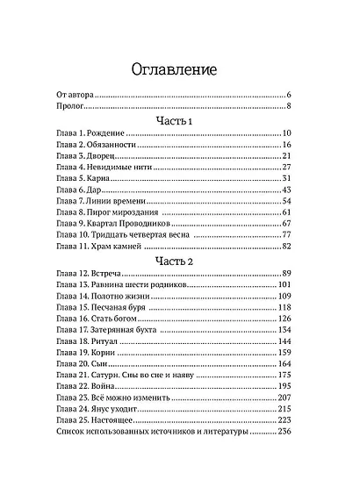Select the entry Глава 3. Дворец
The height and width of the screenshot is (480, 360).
pos(80,155)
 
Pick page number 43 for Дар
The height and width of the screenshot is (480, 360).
pos(286,190)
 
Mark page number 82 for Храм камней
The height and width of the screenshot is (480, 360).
pos(286,247)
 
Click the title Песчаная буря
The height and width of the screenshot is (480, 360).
pos(119,308)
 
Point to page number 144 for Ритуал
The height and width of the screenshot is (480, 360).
pos(284,340)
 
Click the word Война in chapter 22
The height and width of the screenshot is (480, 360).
pos(107,386)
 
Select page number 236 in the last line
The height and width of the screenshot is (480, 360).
pos(283,432)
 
